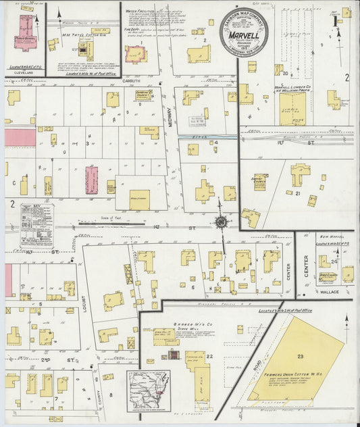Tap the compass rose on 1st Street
pyautogui.click(x=220, y=222)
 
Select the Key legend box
pyautogui.click(x=36, y=225)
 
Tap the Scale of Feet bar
pyautogui.click(x=110, y=218)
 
